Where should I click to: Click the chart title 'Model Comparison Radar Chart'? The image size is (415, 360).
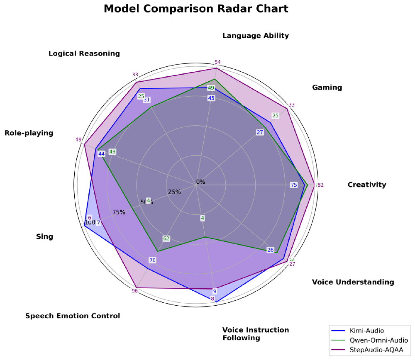[196, 9]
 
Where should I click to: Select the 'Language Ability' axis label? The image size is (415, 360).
[255, 36]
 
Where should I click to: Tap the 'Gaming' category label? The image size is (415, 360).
[327, 88]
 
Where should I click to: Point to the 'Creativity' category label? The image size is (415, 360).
[367, 185]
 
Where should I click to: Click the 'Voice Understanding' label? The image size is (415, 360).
[353, 282]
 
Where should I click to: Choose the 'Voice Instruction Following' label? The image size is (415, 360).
[255, 334]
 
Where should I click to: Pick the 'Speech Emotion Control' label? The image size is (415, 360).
[73, 316]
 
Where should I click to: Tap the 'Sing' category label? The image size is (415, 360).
[44, 237]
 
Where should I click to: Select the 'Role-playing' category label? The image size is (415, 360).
[29, 133]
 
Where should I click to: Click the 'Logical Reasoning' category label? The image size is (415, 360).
[84, 54]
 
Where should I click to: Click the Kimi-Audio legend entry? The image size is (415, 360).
[368, 331]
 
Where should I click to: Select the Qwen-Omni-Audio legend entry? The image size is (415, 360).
[376, 341]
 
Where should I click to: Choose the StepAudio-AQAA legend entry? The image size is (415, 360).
[376, 350]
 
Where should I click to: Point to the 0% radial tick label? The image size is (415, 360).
[201, 182]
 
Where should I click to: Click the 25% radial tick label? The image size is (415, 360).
[174, 192]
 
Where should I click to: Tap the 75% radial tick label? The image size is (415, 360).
[119, 212]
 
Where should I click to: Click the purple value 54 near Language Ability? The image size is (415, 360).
[217, 63]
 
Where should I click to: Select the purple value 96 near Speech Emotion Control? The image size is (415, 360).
[134, 291]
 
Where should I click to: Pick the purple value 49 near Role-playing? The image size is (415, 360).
[78, 140]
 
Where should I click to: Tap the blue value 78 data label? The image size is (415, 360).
[152, 260]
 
